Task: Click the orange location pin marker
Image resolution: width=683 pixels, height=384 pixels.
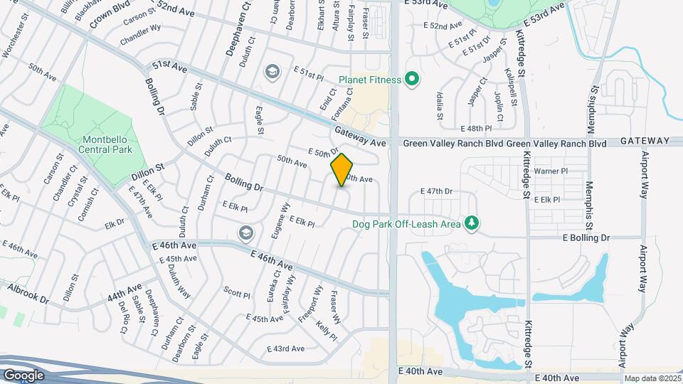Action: coord(342,170)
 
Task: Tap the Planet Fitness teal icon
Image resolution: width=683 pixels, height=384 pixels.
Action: coord(411,79)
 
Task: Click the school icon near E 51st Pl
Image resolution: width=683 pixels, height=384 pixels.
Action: coord(271,71)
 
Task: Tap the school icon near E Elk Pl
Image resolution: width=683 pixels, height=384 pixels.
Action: coord(246,233)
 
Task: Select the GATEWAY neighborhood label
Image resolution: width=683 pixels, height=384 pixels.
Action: coord(645,142)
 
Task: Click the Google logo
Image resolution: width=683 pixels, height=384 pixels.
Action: coord(23,375)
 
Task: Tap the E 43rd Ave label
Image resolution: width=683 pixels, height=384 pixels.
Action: coord(285,348)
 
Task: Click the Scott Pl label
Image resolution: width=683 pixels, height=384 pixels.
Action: coord(237,294)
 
